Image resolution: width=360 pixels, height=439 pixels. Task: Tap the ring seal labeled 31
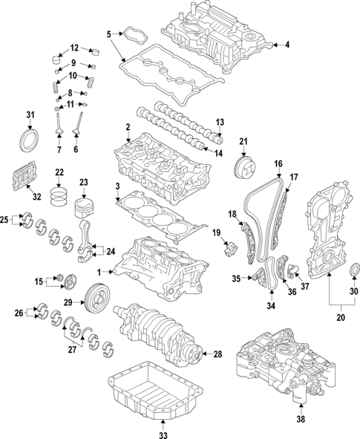click(30, 141)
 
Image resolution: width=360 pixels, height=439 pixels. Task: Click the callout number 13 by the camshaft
click(220, 122)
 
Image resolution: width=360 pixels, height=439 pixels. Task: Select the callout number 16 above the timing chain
click(278, 163)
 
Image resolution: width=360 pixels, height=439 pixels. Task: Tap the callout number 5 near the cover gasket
click(108, 33)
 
